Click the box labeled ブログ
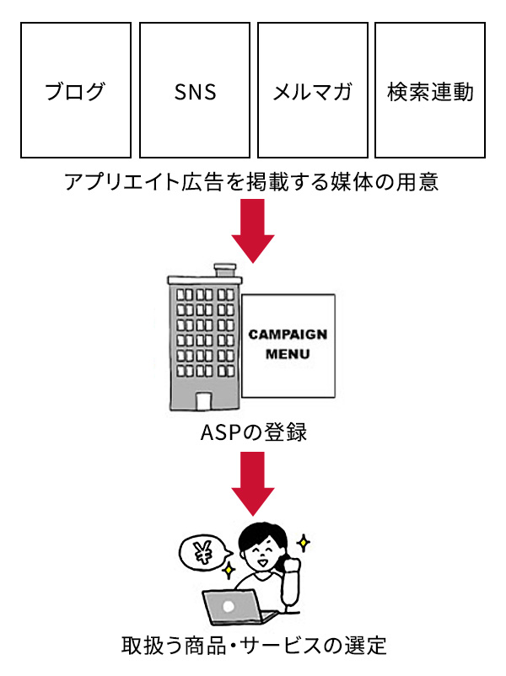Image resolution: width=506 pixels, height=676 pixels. [76, 90]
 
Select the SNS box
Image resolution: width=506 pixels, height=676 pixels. [195, 90]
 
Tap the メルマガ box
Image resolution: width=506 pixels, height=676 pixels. [313, 90]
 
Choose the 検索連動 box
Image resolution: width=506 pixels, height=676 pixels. [430, 90]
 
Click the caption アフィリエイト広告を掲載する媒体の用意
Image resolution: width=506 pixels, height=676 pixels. [252, 182]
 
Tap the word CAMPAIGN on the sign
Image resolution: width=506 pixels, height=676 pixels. [288, 334]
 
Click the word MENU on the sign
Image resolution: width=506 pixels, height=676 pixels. [288, 354]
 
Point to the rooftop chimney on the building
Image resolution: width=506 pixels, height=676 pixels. [224, 271]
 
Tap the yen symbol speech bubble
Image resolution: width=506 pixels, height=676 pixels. [203, 553]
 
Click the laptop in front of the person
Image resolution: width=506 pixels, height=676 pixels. [231, 607]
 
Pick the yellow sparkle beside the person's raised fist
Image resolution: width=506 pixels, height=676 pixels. [304, 541]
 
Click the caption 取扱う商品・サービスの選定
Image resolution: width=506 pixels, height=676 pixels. [252, 646]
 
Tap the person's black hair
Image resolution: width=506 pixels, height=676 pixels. [258, 534]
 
